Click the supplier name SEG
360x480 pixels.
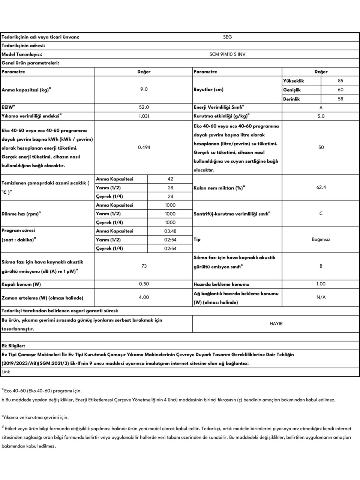pyautogui.click(x=227, y=37)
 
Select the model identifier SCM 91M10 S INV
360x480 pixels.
pyautogui.click(x=227, y=54)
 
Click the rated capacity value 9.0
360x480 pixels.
pyautogui.click(x=144, y=89)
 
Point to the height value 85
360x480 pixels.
pyautogui.click(x=340, y=81)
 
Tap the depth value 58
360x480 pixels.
pyautogui.click(x=340, y=99)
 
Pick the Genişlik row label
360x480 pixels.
pyautogui.click(x=292, y=90)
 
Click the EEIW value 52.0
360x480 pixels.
pyautogui.click(x=144, y=107)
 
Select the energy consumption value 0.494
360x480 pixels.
pyautogui.click(x=144, y=147)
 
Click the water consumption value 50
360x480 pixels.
pyautogui.click(x=321, y=147)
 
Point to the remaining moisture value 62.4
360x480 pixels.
pyautogui.click(x=321, y=187)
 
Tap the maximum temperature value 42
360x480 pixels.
pyautogui.click(x=170, y=179)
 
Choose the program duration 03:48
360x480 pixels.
pyautogui.click(x=170, y=231)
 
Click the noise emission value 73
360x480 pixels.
pyautogui.click(x=144, y=266)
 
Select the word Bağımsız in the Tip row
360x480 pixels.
pyautogui.click(x=321, y=240)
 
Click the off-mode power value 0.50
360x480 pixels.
pyautogui.click(x=144, y=284)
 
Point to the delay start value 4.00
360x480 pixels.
pyautogui.click(x=144, y=297)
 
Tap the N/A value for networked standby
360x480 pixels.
pyautogui.click(x=321, y=297)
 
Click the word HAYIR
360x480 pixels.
pyautogui.click(x=276, y=324)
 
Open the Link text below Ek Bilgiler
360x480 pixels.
pyautogui.click(x=6, y=372)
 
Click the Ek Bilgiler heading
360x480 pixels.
pyautogui.click(x=13, y=346)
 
